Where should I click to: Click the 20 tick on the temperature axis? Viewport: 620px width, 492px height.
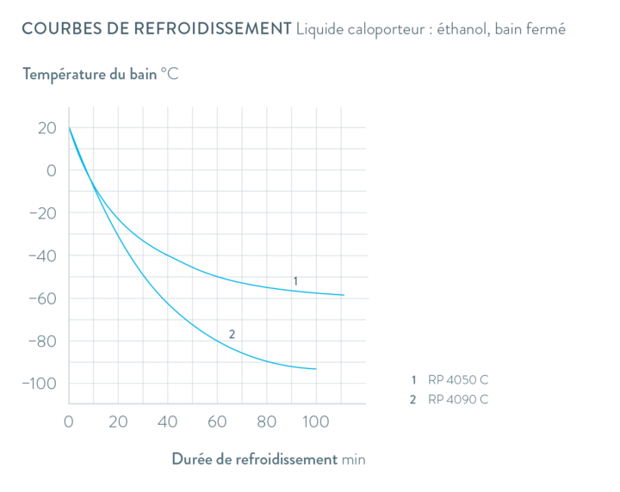(48, 128)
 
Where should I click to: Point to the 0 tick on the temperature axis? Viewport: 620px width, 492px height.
(52, 170)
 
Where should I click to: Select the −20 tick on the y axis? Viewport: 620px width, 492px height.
(43, 213)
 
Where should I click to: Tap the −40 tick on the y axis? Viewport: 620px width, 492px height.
(43, 255)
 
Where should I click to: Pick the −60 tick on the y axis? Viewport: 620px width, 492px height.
(43, 298)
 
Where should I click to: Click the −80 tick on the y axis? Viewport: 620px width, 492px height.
(43, 341)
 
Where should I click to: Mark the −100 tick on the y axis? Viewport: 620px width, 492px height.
(40, 384)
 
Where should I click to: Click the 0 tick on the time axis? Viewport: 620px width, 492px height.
(69, 421)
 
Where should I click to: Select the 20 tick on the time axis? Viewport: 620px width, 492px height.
(118, 421)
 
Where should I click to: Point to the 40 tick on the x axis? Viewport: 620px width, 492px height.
(168, 421)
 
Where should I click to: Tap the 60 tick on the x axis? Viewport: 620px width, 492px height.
(218, 421)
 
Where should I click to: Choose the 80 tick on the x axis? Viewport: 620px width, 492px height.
(268, 421)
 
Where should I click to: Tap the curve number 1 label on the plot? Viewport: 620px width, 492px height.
(294, 281)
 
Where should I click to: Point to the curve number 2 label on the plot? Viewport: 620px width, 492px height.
(231, 333)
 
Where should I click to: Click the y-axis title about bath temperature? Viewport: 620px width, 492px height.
(102, 74)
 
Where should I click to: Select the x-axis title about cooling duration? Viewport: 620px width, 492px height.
(269, 459)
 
